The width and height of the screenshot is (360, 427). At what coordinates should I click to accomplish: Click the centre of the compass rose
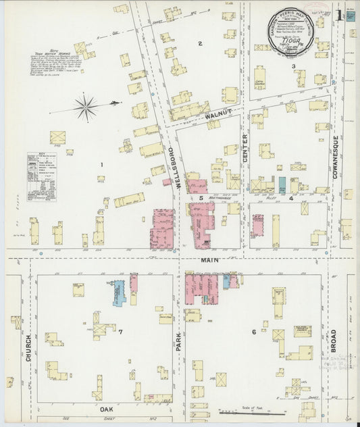86,105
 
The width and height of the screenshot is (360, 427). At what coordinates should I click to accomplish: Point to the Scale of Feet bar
257,411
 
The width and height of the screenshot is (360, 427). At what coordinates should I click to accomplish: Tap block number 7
120,332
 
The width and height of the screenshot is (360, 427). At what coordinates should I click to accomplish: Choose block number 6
254,332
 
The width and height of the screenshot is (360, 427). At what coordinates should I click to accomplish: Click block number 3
293,66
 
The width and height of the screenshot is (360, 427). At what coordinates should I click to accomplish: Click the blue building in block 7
119,291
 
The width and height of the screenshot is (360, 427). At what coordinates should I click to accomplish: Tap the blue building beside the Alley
282,185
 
